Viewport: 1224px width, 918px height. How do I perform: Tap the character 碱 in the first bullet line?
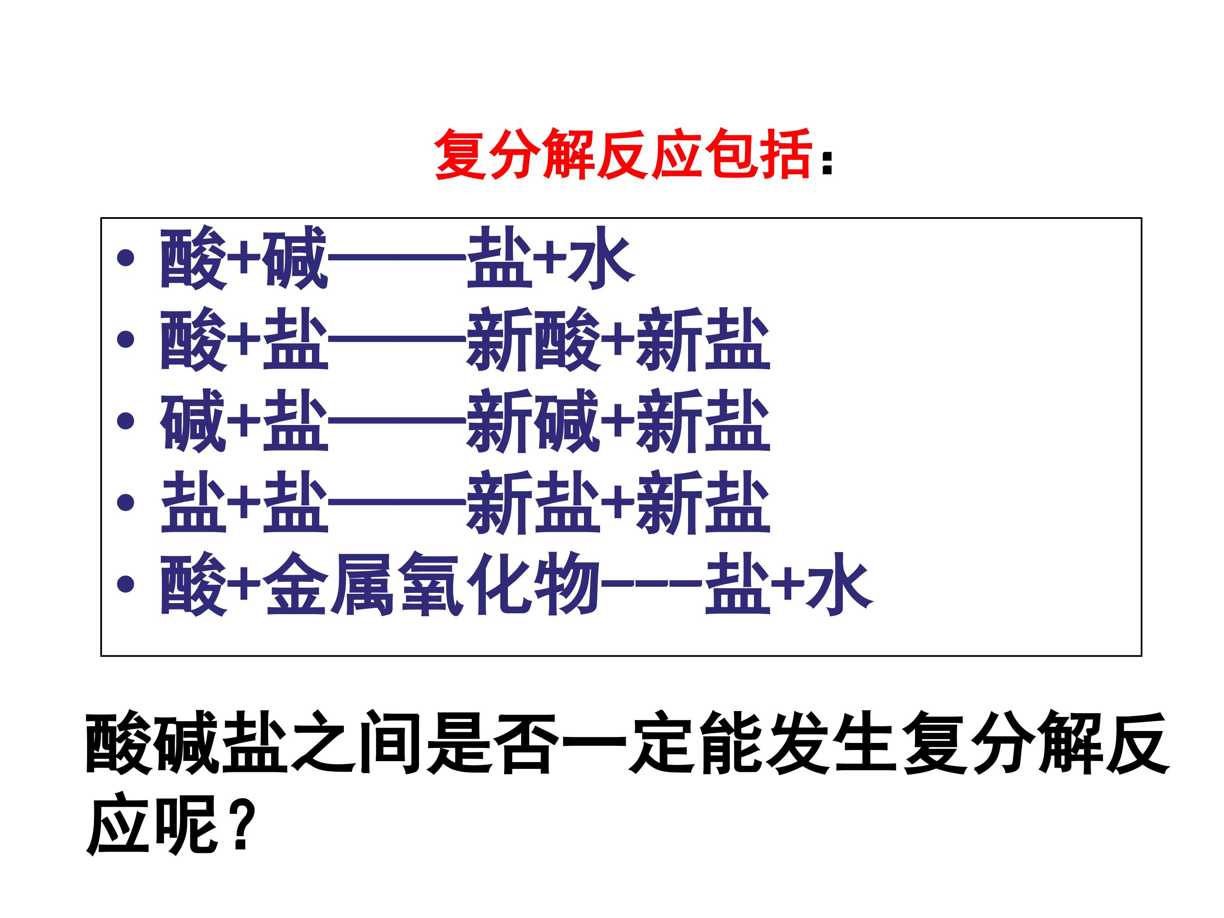pos(295,258)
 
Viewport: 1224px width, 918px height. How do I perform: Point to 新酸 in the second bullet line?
pos(533,339)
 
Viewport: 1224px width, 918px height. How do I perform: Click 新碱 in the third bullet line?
pos(533,421)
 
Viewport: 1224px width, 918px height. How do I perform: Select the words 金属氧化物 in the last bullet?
pos(432,584)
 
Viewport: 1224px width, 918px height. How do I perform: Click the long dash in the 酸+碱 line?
pos(397,258)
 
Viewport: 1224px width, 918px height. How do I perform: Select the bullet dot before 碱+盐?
pos(126,421)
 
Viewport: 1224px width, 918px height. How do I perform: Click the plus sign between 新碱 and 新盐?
pos(618,421)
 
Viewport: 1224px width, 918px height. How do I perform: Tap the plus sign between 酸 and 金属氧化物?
pos(244,584)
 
